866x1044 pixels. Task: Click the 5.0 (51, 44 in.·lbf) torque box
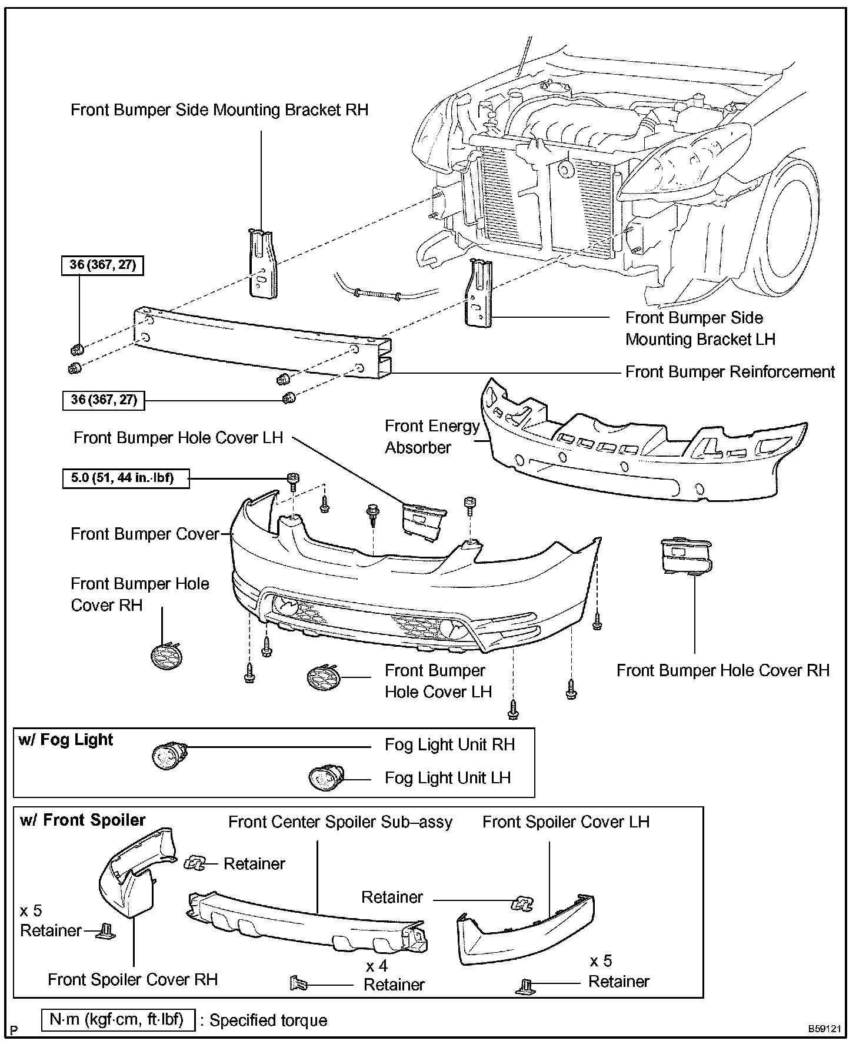126,478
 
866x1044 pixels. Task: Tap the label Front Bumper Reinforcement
730,373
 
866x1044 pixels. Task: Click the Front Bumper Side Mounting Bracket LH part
478,293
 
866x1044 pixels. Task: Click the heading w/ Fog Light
65,740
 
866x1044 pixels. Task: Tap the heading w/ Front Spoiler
82,820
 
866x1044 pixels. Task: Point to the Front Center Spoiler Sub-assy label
340,822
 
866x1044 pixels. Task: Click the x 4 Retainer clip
299,983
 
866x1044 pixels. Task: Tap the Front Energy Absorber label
432,437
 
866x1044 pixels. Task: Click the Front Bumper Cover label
144,534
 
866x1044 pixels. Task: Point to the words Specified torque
268,1020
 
